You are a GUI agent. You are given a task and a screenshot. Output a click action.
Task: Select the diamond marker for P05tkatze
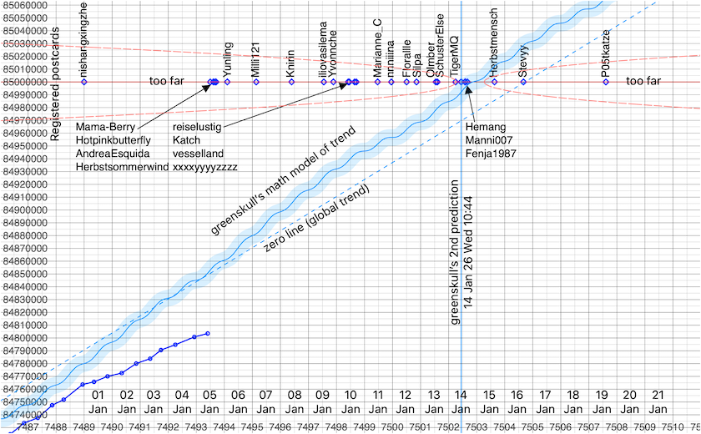click(606, 82)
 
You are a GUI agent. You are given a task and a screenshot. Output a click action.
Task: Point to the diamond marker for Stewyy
click(522, 82)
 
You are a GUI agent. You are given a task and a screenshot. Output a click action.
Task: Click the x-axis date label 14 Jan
click(461, 401)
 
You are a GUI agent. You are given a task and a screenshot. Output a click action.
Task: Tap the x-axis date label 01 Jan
click(98, 401)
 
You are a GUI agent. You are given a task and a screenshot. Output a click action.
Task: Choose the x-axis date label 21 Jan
click(658, 401)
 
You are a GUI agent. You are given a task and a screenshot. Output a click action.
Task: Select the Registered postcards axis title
click(56, 83)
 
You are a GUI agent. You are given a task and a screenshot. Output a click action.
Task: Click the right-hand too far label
click(643, 82)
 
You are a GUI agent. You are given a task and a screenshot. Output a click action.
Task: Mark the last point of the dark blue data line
click(208, 333)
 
